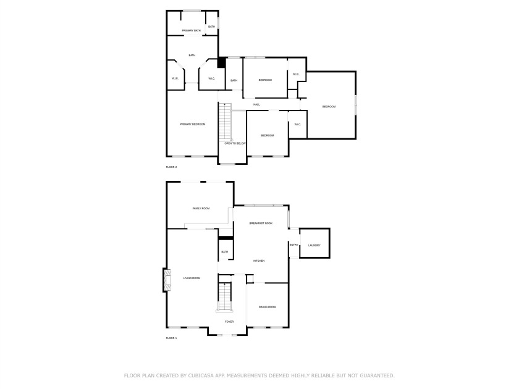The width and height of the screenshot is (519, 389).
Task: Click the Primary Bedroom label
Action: (x=193, y=124)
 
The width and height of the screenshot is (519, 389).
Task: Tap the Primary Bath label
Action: (x=192, y=31)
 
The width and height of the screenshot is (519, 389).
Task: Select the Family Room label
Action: (x=201, y=209)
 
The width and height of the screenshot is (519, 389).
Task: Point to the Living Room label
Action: (x=192, y=278)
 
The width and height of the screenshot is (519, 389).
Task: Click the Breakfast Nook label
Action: (x=261, y=224)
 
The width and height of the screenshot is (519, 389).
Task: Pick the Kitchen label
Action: (x=259, y=261)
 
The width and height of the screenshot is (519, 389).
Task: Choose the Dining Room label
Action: (x=268, y=307)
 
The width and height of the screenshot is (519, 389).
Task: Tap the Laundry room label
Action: (x=314, y=246)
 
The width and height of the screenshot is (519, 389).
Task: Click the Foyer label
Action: (x=229, y=322)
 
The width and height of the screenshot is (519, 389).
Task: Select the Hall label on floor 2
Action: (x=256, y=104)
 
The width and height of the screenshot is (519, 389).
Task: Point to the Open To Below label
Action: (x=235, y=143)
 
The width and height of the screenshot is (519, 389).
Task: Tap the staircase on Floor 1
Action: (x=225, y=297)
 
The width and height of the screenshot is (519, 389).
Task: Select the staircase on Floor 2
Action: (x=225, y=122)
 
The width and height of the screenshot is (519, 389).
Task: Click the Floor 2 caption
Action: (x=172, y=167)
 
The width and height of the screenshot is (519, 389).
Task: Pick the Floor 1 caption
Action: (x=172, y=338)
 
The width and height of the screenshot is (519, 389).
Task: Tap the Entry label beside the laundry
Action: (x=294, y=245)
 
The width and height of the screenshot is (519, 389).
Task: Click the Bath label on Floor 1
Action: (x=225, y=252)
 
